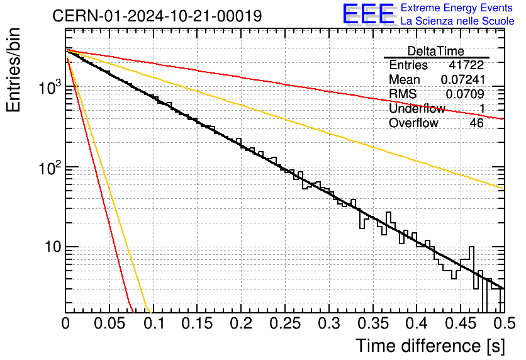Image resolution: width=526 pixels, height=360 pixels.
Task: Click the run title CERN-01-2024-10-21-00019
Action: click(x=157, y=16)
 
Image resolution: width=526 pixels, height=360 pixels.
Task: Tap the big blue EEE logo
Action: click(x=368, y=14)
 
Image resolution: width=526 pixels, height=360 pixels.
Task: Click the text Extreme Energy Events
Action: click(x=457, y=8)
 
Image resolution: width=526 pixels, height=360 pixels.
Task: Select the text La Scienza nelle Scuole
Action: click(x=457, y=21)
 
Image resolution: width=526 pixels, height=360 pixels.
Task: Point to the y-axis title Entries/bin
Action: click(x=14, y=70)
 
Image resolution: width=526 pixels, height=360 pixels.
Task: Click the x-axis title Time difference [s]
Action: click(x=430, y=346)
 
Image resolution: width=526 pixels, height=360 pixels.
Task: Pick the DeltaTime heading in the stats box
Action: click(x=436, y=52)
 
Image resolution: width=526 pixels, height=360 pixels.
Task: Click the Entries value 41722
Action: click(x=466, y=65)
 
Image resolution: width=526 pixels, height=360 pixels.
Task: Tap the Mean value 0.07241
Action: click(x=463, y=79)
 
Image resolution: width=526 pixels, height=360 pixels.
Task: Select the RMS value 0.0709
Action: click(x=465, y=94)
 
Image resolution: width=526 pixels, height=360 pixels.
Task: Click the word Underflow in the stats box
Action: click(x=417, y=108)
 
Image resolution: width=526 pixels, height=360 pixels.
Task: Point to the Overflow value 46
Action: click(x=477, y=123)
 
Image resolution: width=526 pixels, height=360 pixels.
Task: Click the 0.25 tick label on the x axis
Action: click(x=286, y=323)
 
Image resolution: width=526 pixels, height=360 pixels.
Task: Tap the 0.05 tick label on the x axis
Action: click(x=109, y=323)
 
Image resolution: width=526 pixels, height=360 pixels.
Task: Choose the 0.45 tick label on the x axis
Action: click(x=461, y=323)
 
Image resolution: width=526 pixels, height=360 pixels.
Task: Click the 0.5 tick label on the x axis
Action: click(x=504, y=323)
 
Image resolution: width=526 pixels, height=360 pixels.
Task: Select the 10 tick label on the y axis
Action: click(x=53, y=247)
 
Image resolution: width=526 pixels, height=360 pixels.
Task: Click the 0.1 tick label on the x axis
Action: click(x=154, y=323)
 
